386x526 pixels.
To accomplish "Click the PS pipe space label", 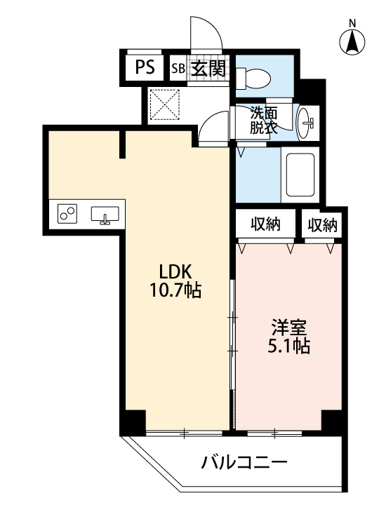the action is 145,67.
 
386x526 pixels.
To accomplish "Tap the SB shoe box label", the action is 178,69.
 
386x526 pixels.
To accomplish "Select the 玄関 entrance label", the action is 208,69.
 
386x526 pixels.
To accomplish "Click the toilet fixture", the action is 253,79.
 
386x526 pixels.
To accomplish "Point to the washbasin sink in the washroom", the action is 305,123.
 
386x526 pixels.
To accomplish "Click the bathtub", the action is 300,175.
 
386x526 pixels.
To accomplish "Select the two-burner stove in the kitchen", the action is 67,214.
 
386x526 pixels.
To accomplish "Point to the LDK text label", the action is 175,271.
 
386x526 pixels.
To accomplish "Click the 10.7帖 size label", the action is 175,290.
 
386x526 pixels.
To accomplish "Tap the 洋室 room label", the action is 289,328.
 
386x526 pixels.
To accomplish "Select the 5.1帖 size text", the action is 288,346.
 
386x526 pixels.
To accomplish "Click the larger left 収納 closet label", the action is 265,224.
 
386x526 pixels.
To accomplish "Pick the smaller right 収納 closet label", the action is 323,224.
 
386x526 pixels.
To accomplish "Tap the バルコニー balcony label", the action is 244,463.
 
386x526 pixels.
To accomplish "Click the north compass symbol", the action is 352,43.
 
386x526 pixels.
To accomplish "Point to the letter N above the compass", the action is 352,23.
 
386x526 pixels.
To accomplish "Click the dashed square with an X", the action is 164,104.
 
